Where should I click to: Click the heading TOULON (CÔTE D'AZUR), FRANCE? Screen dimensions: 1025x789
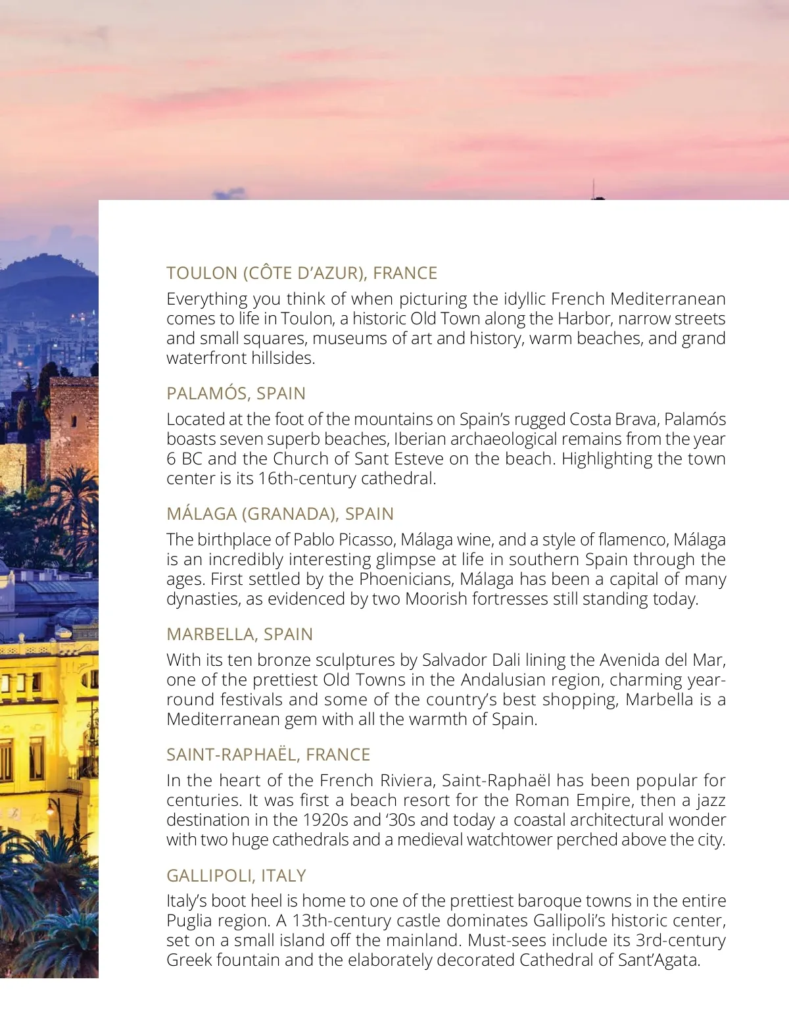[302, 273]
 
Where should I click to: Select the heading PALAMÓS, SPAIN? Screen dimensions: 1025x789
[236, 393]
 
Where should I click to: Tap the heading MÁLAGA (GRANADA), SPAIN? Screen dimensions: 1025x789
[280, 514]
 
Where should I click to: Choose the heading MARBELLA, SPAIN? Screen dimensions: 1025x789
[239, 634]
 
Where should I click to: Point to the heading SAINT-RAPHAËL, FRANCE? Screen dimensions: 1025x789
[268, 755]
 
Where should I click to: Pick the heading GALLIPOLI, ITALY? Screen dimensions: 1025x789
[236, 876]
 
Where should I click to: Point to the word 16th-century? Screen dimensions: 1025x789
[304, 479]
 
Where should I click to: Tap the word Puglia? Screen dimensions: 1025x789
[189, 921]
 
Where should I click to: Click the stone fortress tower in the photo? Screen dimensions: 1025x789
[72, 421]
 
